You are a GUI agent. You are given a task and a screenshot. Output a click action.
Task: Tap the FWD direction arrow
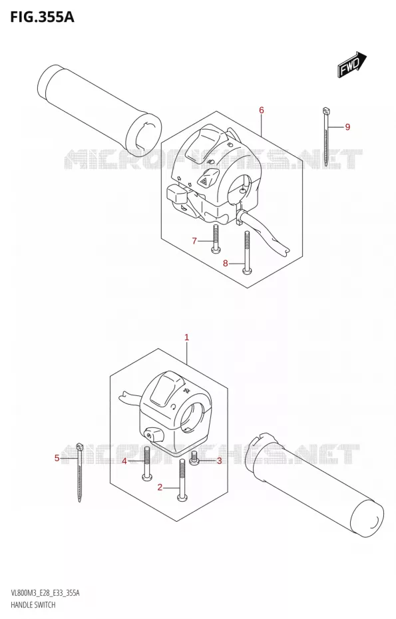click(x=352, y=63)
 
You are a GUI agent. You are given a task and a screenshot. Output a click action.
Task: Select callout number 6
click(x=262, y=110)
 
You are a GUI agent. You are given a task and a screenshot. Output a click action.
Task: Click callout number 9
click(x=347, y=126)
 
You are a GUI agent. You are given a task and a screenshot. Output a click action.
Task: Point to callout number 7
click(x=194, y=240)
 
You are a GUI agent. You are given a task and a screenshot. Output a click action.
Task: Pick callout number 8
click(x=226, y=263)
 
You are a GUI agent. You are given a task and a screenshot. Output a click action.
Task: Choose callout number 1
click(x=187, y=337)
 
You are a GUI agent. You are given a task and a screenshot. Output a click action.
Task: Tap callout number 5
click(x=57, y=458)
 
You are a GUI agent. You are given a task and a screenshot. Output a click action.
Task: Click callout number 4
click(x=124, y=461)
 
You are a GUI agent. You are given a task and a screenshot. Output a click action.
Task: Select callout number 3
click(x=220, y=461)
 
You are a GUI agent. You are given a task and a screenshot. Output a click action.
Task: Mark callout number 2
click(x=160, y=487)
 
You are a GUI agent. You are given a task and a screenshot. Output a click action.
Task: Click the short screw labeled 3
click(x=194, y=458)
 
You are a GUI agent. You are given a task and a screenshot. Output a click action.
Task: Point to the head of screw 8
click(x=247, y=270)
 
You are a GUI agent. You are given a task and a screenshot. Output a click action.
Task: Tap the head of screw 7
click(x=215, y=249)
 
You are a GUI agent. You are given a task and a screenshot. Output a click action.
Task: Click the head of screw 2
click(x=182, y=499)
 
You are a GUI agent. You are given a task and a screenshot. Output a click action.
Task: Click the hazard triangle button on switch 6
click(x=204, y=181)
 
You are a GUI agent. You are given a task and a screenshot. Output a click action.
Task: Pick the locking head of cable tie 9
click(x=326, y=110)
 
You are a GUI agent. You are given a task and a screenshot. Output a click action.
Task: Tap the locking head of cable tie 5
click(x=79, y=447)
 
